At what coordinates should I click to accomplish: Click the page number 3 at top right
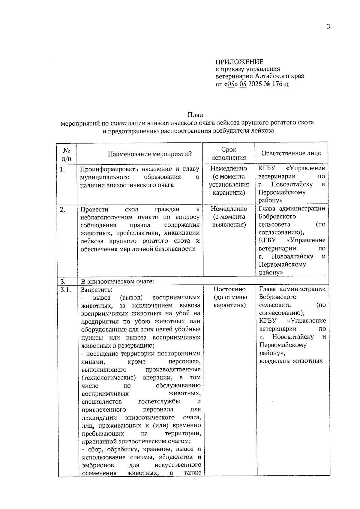[x=328, y=27]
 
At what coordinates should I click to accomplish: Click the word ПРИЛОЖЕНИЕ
[x=239, y=62]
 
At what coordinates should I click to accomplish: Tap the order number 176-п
[x=280, y=84]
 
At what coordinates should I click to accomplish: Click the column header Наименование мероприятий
[x=150, y=154]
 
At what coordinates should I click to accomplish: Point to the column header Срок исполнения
[x=229, y=154]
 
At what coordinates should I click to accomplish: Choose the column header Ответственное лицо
[x=291, y=153]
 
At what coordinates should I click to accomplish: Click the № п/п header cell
[x=67, y=154]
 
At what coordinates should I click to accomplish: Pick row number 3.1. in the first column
[x=66, y=289]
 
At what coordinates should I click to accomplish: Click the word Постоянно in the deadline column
[x=229, y=289]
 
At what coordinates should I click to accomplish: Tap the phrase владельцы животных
[x=291, y=361]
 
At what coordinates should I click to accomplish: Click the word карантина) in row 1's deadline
[x=229, y=193]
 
